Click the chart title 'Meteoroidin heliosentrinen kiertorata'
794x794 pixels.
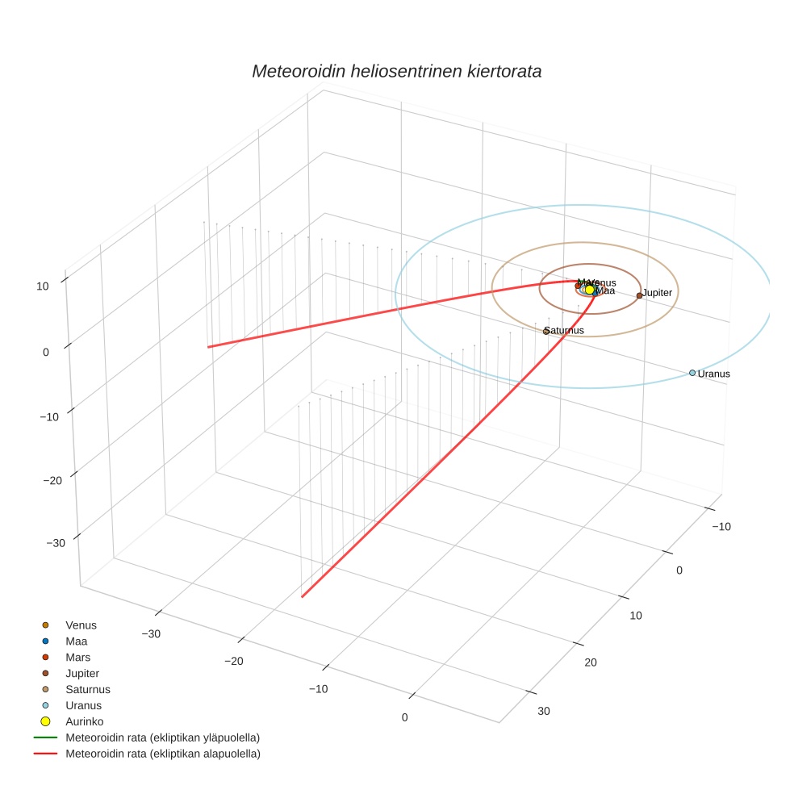pyautogui.click(x=396, y=71)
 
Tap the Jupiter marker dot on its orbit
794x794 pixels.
pyautogui.click(x=639, y=295)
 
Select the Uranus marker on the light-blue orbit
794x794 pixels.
pyautogui.click(x=692, y=373)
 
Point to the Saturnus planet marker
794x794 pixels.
pyautogui.click(x=546, y=332)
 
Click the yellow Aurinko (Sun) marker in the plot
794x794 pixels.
pyautogui.click(x=590, y=289)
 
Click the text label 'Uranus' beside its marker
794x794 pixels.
pyautogui.click(x=714, y=374)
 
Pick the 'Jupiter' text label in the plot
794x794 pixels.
pyautogui.click(x=658, y=292)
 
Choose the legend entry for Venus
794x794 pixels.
pyautogui.click(x=81, y=625)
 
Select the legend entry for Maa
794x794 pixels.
pyautogui.click(x=77, y=641)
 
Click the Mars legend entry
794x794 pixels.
pyautogui.click(x=77, y=657)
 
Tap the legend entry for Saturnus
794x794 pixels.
pyautogui.click(x=88, y=689)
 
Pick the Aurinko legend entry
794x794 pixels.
pyautogui.click(x=84, y=721)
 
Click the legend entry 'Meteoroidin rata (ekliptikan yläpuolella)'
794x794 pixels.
pyautogui.click(x=162, y=738)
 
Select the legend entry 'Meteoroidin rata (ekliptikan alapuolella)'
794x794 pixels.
pyautogui.click(x=162, y=754)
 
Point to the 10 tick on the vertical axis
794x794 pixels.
pyautogui.click(x=42, y=286)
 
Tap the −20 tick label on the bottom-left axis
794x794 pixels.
pyautogui.click(x=234, y=662)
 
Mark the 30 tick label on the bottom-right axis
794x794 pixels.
pyautogui.click(x=544, y=711)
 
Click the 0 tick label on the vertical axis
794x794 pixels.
pyautogui.click(x=45, y=352)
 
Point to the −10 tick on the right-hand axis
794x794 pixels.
pyautogui.click(x=721, y=526)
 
